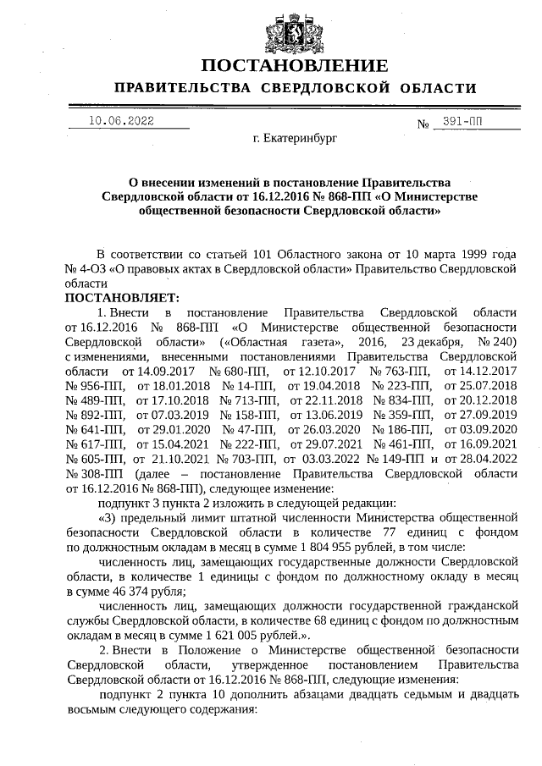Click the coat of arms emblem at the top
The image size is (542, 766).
tap(285, 28)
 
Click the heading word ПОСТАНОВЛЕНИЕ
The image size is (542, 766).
tap(295, 65)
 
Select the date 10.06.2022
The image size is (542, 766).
tap(121, 120)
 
